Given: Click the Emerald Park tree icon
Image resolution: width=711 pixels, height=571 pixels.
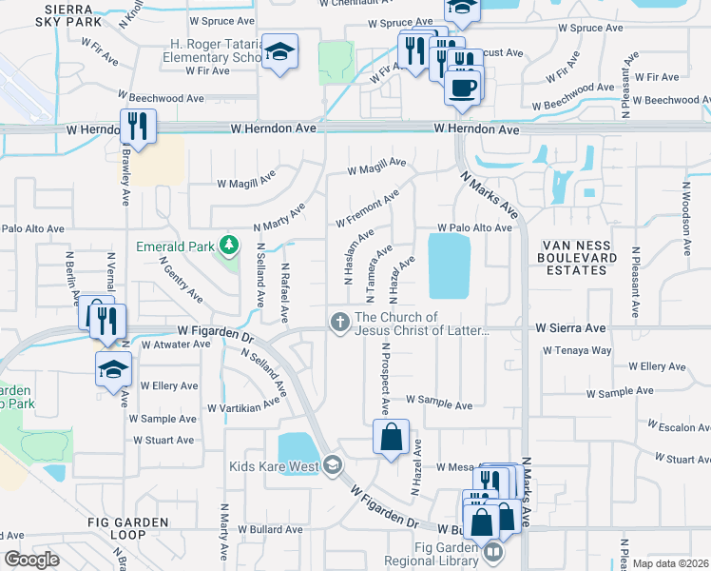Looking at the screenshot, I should click(228, 246).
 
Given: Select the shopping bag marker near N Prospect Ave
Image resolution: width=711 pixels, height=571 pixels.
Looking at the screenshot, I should click(391, 438).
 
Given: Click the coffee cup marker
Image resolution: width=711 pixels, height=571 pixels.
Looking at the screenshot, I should click(463, 88).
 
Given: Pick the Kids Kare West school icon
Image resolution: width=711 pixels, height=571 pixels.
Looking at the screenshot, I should click(332, 465).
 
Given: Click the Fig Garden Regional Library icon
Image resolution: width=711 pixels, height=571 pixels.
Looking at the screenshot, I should click(492, 552).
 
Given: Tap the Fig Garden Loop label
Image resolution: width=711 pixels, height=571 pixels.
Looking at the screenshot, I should click(127, 529).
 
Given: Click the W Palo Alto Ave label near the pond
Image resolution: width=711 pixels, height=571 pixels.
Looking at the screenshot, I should click(474, 228).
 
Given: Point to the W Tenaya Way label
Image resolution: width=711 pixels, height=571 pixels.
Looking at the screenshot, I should click(577, 350).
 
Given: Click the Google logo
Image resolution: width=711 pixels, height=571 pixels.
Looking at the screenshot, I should click(32, 560).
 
